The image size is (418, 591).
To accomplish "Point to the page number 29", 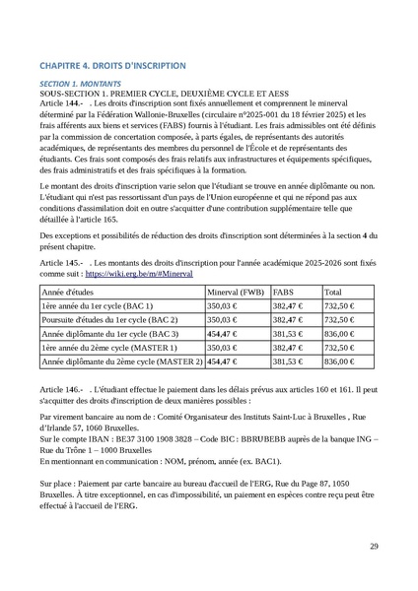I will [x=374, y=547].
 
